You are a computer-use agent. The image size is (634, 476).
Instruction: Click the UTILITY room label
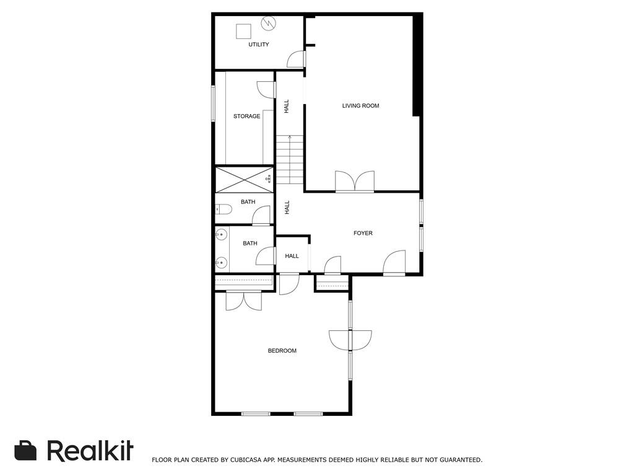pos(259,45)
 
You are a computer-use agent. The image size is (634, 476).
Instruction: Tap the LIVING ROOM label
pos(360,106)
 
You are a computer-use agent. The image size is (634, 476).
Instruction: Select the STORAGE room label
pos(246,117)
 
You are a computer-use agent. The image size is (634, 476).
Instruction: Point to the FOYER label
pos(363,234)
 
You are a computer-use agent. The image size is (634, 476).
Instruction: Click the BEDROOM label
pos(282,351)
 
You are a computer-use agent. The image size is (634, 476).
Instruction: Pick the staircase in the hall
pos(290,160)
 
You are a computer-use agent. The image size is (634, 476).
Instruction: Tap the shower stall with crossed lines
pos(244,180)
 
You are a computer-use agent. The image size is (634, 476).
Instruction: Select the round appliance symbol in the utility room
pos(269,24)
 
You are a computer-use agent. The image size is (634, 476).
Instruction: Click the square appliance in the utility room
pos(243,31)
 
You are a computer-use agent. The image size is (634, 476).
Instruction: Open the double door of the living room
pos(355,182)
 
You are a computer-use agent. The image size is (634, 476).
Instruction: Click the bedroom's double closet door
pos(244,300)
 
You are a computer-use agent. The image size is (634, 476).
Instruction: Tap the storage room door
pos(266,89)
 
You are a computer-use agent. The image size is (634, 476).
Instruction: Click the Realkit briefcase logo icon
pos(25,451)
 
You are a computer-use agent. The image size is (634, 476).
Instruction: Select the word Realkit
pos(90,451)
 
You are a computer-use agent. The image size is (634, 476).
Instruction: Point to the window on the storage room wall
pos(213,103)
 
